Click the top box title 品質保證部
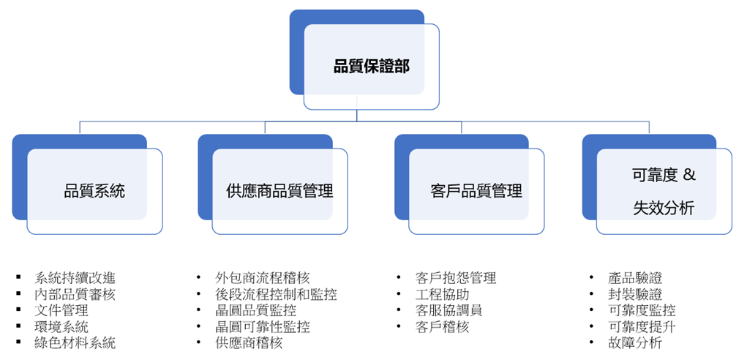pos(372,67)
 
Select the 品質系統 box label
pos(94,192)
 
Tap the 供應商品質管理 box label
pos(279,192)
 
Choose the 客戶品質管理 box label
pos(476,192)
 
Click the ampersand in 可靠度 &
pos(688,175)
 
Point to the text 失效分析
pos(664,209)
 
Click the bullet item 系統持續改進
pos(75,278)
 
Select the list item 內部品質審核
pos(75,295)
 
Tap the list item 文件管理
pos(61,311)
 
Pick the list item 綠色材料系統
pos(75,342)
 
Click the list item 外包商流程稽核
pos(263,278)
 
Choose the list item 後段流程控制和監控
pos(276,295)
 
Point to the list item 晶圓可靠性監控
pos(263,326)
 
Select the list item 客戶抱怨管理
pos(455,278)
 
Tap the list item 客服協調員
pos(448,310)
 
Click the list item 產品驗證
pos(635,278)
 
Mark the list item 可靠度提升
pos(642,326)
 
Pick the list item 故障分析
pos(635,342)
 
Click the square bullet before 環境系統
pos(18,326)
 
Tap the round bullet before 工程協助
pos(399,295)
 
